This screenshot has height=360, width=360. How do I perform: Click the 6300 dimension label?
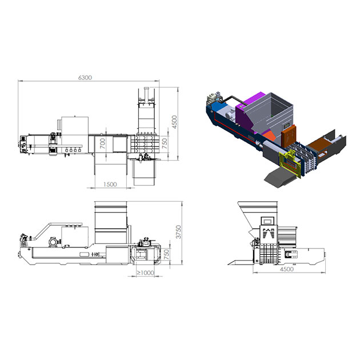pos(85,78)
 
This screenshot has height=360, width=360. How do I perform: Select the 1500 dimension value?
pos(110,185)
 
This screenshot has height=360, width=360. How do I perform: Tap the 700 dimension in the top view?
pos(103,143)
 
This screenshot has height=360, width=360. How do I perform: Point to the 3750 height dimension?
pos(178,232)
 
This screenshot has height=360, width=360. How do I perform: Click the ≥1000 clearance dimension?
pos(145,273)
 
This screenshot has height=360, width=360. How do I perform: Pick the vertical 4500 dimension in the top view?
pos(174,122)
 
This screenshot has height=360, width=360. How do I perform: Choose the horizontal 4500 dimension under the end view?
pos(286,269)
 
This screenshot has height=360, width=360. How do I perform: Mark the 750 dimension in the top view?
pos(165,143)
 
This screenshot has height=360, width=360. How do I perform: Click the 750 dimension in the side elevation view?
pos(166,254)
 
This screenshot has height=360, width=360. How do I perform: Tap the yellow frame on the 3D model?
pos(290,163)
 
